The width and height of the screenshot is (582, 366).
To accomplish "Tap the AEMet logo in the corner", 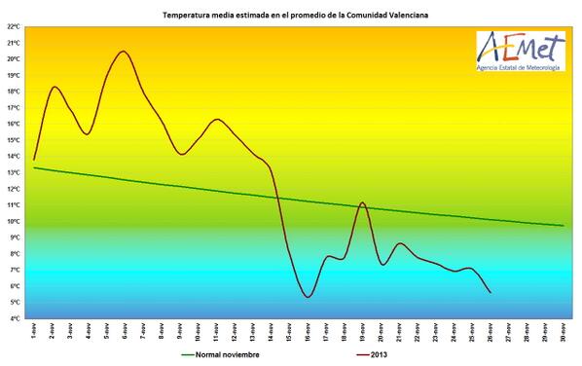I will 517,51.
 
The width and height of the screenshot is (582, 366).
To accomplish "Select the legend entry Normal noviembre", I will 222,355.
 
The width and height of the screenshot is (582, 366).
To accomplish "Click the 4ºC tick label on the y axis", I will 15,318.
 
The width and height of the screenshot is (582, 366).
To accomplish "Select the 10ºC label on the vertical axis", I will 15,221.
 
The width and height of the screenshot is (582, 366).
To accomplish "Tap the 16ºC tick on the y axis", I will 15,124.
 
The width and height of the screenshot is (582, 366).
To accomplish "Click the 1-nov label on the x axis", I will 34,332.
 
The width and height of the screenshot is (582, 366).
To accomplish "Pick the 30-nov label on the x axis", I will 564,332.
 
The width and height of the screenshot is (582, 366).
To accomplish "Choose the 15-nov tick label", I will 290,332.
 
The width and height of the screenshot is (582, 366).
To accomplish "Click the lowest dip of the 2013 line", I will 308,297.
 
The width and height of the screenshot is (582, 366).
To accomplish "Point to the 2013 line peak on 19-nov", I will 362,202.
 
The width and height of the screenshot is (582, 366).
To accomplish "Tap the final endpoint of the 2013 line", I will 491,292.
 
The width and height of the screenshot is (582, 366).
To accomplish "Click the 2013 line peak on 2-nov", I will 54,88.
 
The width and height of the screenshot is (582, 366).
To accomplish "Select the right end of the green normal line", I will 564,226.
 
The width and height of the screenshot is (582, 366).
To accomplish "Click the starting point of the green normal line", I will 34,167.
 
